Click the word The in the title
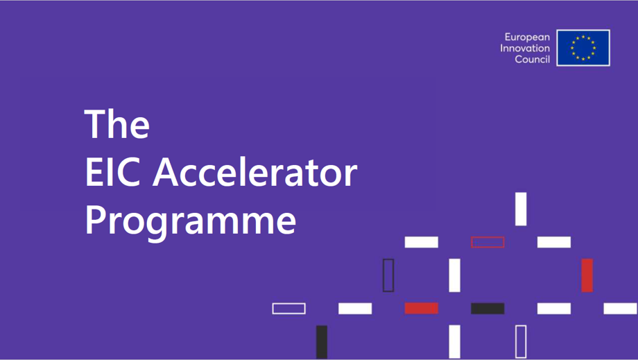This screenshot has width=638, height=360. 117,123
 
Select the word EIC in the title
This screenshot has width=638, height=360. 112,172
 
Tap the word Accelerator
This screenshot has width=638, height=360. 255,172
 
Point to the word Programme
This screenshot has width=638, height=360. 190,221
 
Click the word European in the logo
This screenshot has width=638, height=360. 527,37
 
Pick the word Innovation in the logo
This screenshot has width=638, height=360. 525,49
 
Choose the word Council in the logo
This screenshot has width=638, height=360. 532,60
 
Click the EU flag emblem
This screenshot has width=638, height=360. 583,48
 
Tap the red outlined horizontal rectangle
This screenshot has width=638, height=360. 488,242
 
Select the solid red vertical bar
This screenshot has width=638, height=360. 587,275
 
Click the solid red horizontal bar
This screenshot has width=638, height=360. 422,308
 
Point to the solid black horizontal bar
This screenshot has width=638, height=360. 488,308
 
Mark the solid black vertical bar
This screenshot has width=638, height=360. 322,341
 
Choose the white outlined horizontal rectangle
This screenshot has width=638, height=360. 288,308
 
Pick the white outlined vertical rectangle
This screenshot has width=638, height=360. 521,341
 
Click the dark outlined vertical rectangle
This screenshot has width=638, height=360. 388,275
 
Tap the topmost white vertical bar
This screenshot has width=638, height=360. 521,209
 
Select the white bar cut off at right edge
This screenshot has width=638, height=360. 621,308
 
